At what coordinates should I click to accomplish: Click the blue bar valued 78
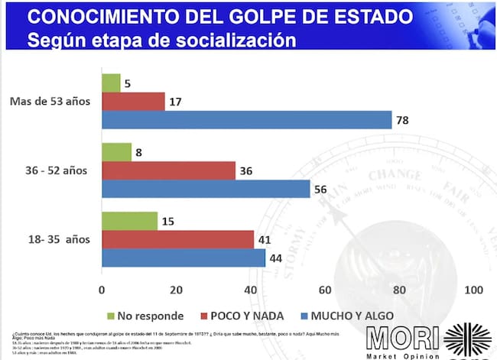click(x=246, y=120)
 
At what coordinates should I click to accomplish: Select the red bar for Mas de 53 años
click(x=133, y=102)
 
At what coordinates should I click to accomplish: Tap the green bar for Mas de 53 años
click(x=111, y=83)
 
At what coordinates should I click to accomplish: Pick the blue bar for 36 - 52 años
click(x=206, y=188)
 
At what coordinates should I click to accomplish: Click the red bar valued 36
click(x=168, y=170)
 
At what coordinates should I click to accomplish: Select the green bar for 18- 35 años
click(x=129, y=222)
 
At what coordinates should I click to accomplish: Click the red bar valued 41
click(x=177, y=239)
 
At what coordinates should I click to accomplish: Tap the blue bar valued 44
click(x=184, y=258)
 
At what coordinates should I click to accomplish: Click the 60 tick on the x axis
click(x=324, y=290)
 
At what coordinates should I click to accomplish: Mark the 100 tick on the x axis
click(x=473, y=290)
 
